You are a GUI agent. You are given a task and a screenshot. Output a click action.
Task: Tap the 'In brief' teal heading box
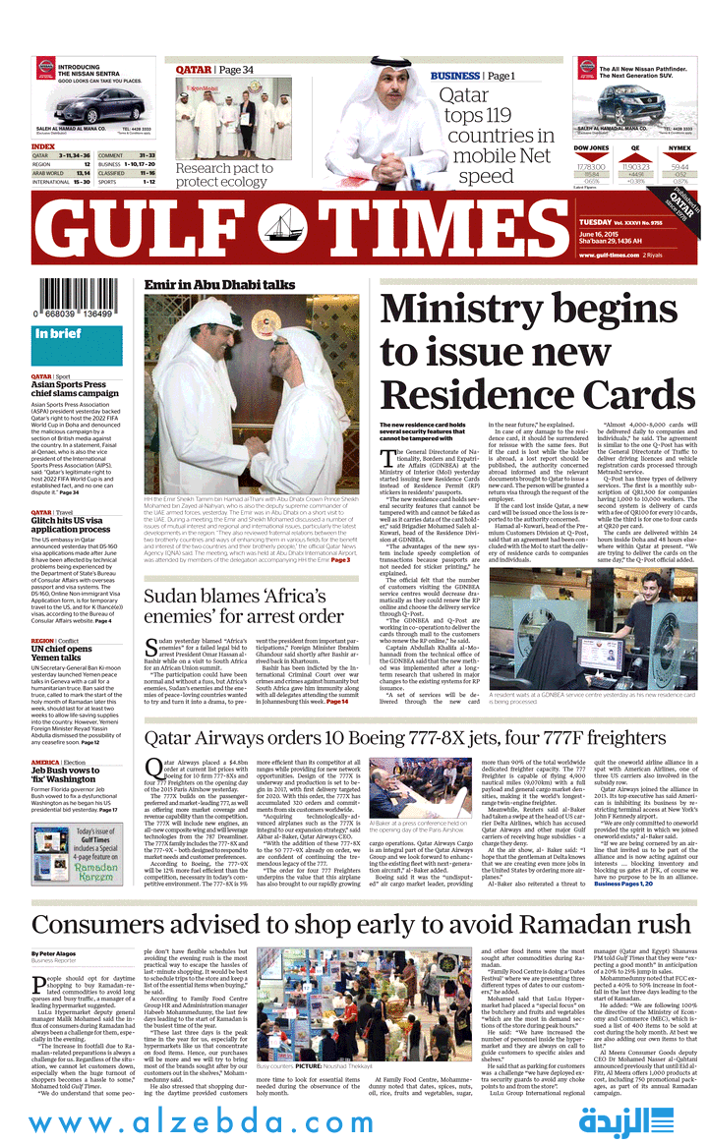(77, 334)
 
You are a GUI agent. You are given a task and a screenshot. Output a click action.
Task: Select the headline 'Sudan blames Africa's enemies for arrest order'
(244, 606)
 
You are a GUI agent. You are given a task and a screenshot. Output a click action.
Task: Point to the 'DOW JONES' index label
(591, 147)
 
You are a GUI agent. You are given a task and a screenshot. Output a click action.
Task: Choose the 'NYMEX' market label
(679, 147)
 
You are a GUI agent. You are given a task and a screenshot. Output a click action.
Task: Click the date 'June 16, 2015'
(605, 234)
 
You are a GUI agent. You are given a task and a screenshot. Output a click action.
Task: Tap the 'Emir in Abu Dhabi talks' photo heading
(219, 285)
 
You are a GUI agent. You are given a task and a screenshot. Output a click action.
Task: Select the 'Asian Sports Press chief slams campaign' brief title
(75, 389)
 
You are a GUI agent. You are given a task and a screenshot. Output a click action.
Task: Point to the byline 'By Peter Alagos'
(57, 954)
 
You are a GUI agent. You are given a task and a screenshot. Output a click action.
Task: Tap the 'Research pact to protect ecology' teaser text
(222, 175)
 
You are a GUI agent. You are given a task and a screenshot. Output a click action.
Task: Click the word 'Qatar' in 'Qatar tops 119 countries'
(463, 95)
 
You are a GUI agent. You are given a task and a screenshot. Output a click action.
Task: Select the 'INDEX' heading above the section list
(43, 146)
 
